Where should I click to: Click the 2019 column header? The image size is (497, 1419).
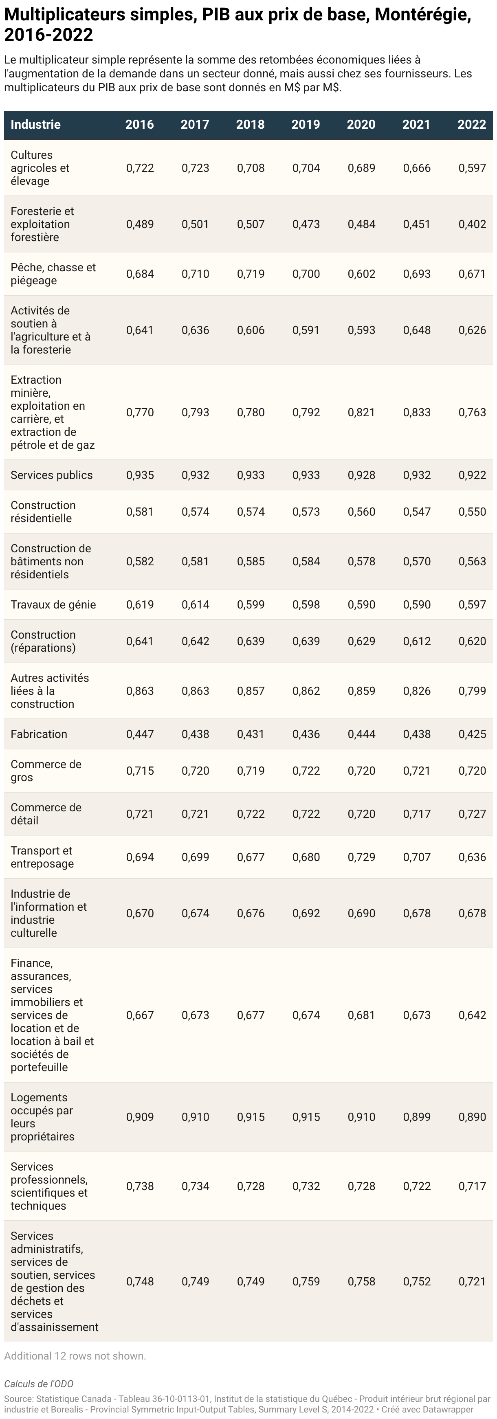point(306,125)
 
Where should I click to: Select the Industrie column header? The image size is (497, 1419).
point(35,125)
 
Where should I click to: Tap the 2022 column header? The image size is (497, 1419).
point(472,125)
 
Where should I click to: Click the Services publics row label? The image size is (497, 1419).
point(52,475)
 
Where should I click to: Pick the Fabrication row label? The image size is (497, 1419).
point(39,734)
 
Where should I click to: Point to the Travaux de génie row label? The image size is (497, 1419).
point(53,604)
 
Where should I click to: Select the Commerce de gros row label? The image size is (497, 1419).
point(46,771)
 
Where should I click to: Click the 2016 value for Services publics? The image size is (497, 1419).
point(140,475)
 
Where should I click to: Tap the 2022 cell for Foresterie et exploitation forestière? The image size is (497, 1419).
point(472,224)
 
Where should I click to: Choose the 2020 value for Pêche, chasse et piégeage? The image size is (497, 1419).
point(361,274)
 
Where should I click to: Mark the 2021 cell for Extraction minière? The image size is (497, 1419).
point(417,412)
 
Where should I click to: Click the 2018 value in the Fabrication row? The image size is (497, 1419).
point(251,734)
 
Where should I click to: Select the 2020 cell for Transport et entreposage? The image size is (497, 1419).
point(361,857)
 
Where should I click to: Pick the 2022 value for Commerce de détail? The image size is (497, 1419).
point(472,814)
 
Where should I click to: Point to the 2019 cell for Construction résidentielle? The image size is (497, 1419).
point(306,512)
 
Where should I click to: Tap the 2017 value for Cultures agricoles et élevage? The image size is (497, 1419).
point(196,168)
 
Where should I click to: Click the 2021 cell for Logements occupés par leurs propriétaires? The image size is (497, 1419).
point(417,1116)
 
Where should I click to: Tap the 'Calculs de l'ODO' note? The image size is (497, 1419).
point(39,1384)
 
